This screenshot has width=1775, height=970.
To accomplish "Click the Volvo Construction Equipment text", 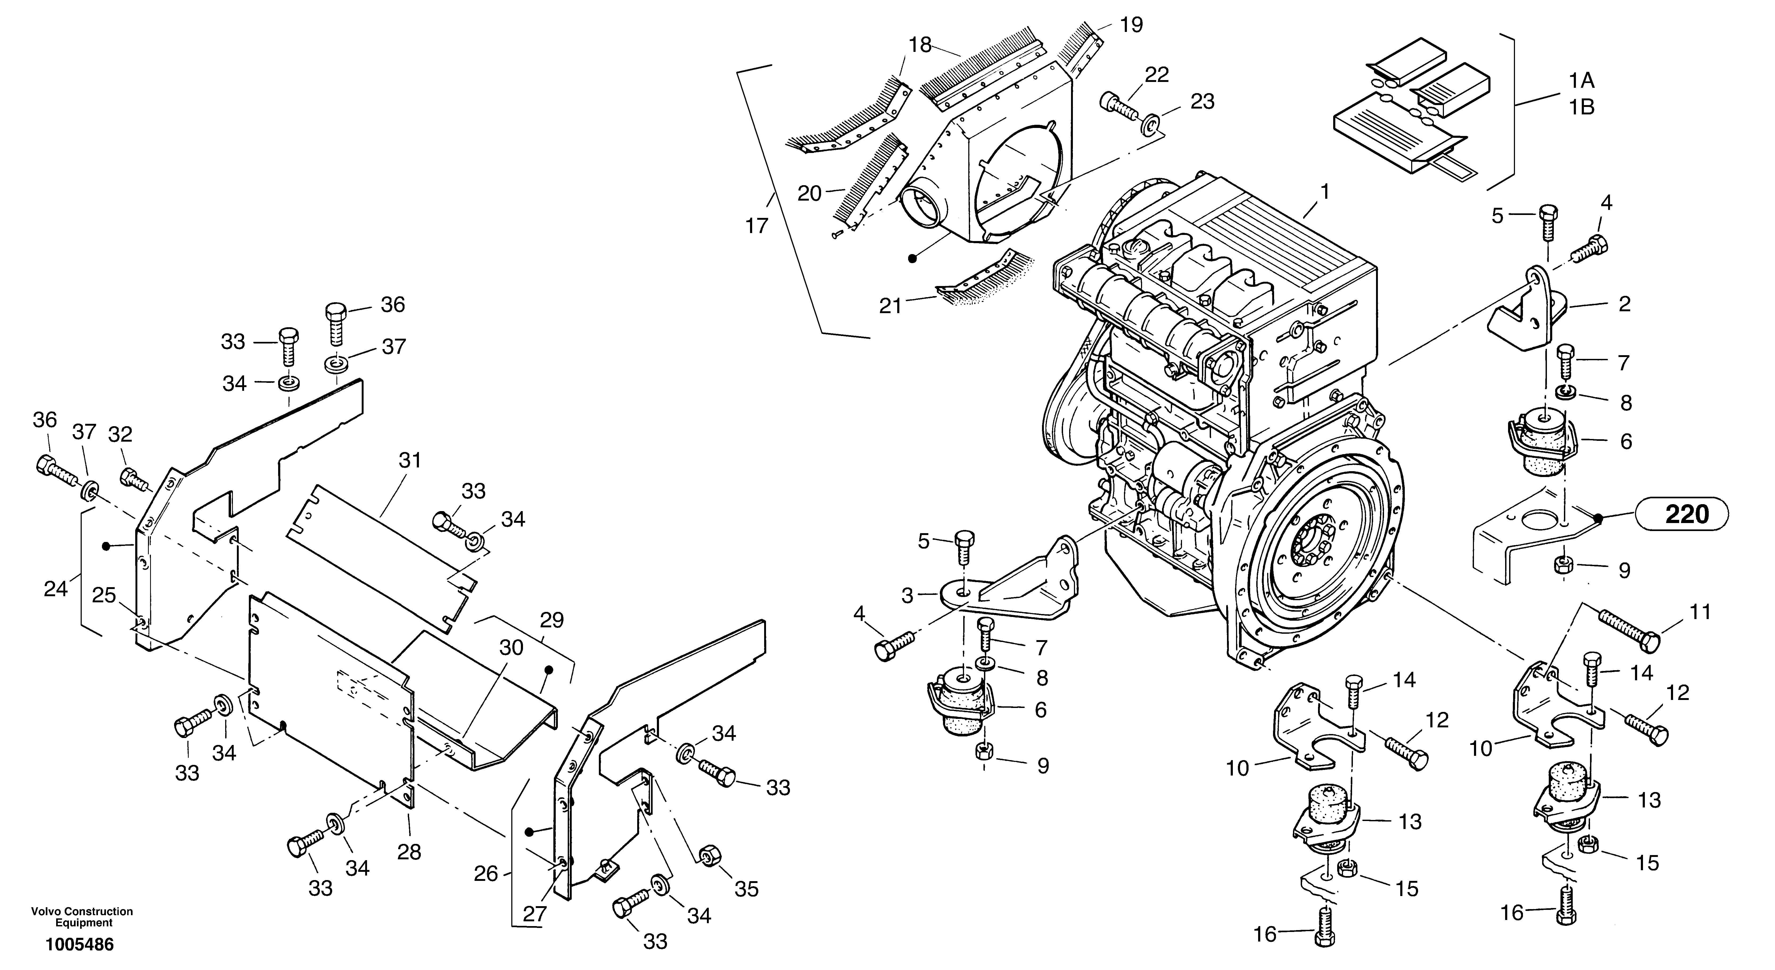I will pos(82,917).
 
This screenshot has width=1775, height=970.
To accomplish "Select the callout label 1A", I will pos(1582,81).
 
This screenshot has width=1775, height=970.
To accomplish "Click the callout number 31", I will pos(410,460).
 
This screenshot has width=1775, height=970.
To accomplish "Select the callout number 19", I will pos(1131,25).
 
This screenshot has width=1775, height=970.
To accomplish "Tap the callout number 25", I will pos(104,595).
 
